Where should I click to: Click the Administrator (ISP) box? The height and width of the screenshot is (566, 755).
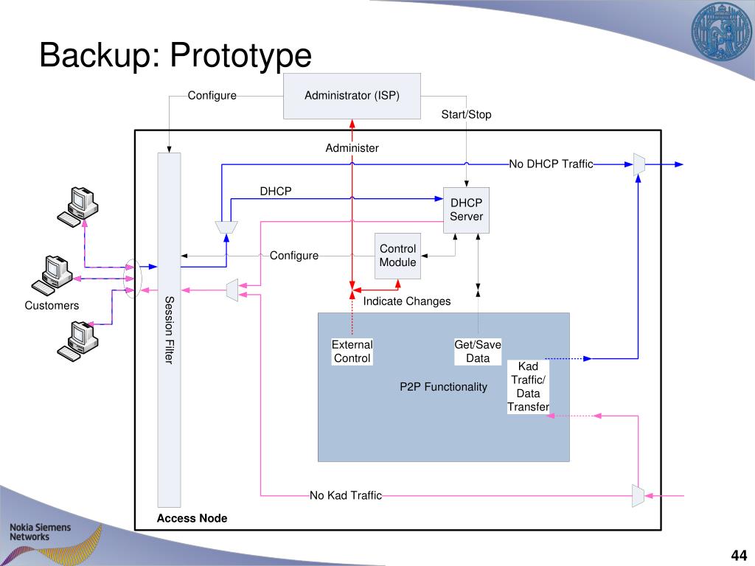coord(352,96)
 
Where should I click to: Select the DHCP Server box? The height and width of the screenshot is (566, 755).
coord(466,209)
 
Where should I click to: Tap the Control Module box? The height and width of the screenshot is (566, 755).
coord(397,256)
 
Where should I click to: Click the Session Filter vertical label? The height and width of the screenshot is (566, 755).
coord(169,329)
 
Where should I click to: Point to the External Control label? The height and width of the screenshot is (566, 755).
coord(352,352)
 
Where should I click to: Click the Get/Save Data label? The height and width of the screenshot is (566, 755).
coord(478,352)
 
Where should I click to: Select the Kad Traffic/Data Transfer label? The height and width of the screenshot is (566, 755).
coord(528,387)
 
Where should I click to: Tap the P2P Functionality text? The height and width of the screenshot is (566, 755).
coord(443,387)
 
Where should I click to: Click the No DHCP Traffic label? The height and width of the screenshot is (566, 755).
coord(551,164)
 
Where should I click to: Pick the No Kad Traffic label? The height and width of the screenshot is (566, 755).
coord(346,495)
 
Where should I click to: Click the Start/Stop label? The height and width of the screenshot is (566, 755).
coord(466,114)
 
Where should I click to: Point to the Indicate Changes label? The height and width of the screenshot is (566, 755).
coord(406,301)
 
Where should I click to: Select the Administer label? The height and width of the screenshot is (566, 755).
coord(352,148)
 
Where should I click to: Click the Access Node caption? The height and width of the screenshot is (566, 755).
coord(192,518)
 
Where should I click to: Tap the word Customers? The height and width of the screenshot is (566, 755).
coord(52,305)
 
